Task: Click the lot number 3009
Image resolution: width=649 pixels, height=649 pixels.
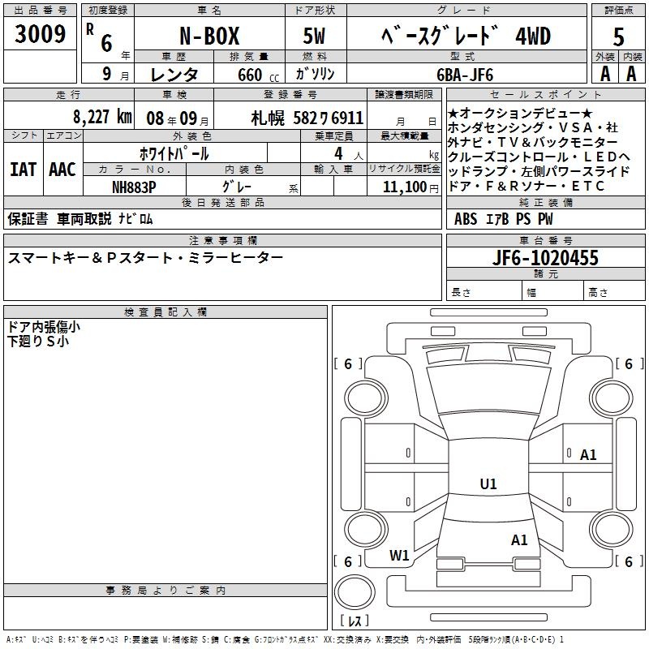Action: (40, 34)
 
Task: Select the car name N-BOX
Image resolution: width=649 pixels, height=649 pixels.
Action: (209, 36)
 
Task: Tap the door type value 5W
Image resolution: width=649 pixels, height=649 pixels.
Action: (314, 36)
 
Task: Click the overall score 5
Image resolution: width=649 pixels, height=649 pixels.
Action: (618, 37)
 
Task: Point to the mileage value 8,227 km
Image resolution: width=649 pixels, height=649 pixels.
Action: (103, 117)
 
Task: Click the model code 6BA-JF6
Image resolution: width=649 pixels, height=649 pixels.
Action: (465, 75)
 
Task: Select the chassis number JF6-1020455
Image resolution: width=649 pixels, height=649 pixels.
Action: (545, 258)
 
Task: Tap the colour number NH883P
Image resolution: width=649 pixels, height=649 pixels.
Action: (134, 187)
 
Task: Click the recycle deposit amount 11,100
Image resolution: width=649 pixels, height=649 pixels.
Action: (404, 187)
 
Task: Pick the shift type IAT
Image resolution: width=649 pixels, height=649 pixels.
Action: (23, 170)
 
